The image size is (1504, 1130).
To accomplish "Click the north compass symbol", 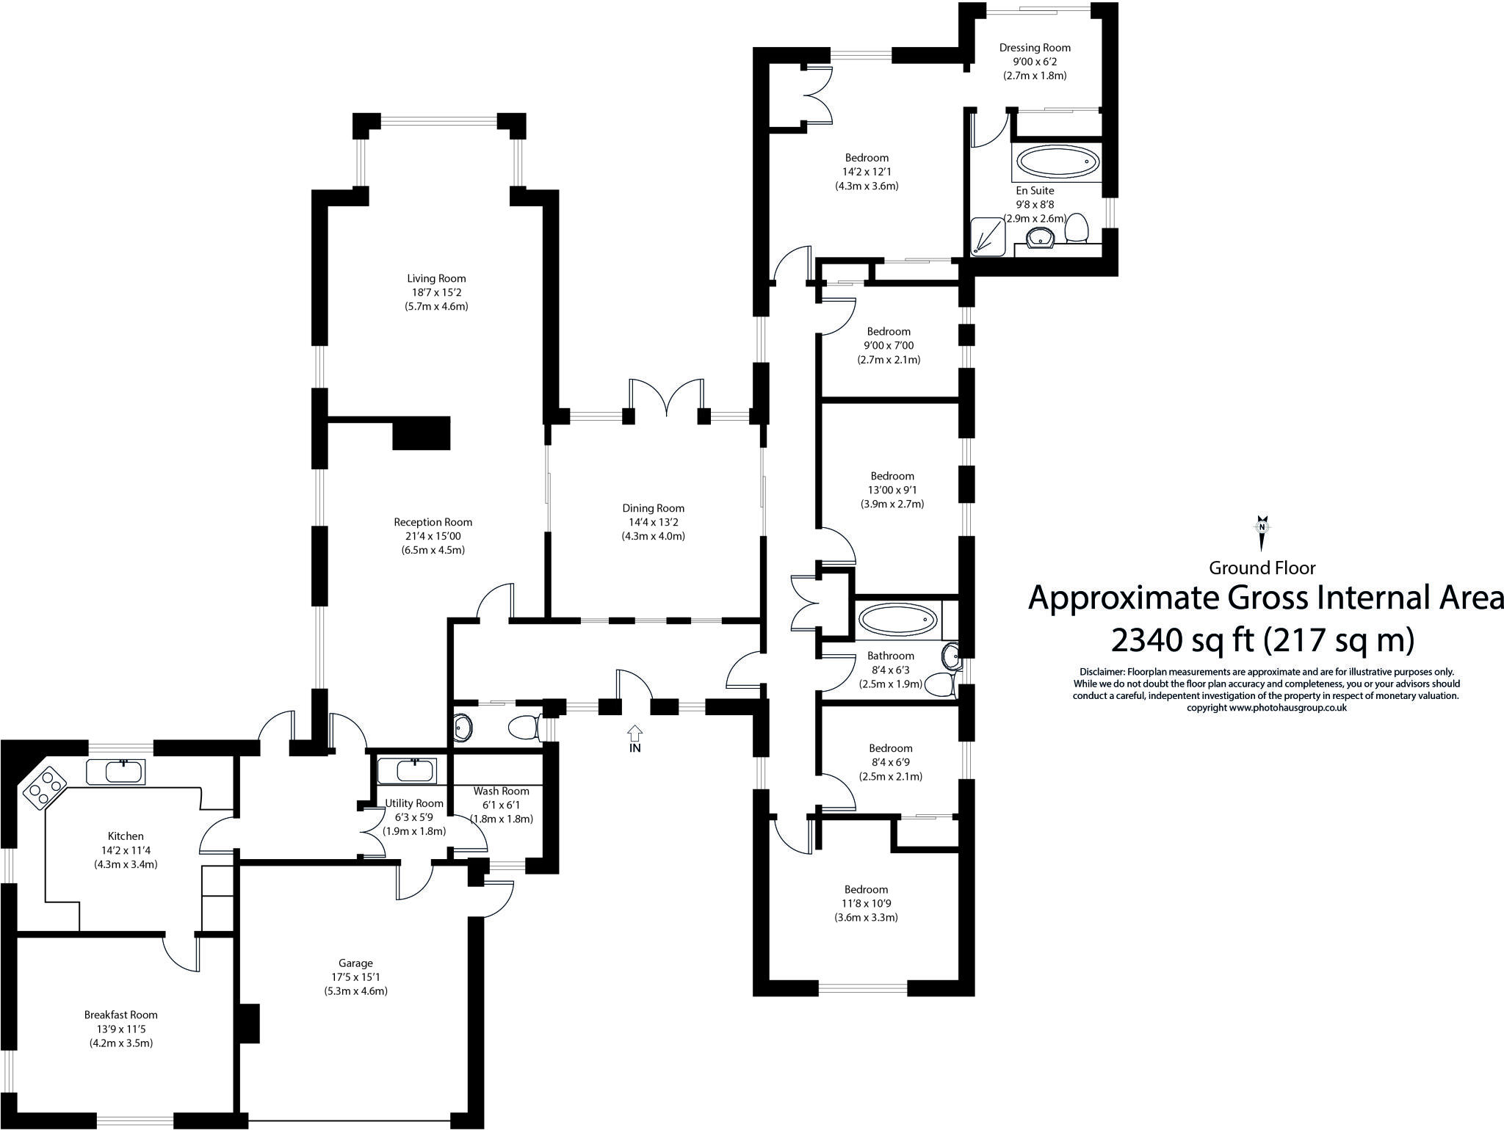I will tap(1262, 532).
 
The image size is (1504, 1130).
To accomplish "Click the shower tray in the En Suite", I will tap(989, 237).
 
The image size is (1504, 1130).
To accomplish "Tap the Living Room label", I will tap(436, 278).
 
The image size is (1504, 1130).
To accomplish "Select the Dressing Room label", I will tap(1035, 48).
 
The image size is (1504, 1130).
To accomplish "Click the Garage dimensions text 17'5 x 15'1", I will tap(355, 977).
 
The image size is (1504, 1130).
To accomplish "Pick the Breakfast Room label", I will tap(120, 1015).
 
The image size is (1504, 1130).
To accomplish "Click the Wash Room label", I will tap(501, 791).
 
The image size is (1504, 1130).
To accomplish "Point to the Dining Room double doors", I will tap(666, 400).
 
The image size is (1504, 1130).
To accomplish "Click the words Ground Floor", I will tap(1262, 568).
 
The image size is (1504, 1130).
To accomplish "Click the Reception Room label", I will tap(433, 522).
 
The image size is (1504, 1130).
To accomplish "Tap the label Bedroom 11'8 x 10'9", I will tap(866, 889).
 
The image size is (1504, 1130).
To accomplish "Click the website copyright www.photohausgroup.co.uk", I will tap(1266, 708).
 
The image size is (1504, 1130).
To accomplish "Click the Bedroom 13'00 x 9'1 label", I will tap(892, 476).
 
